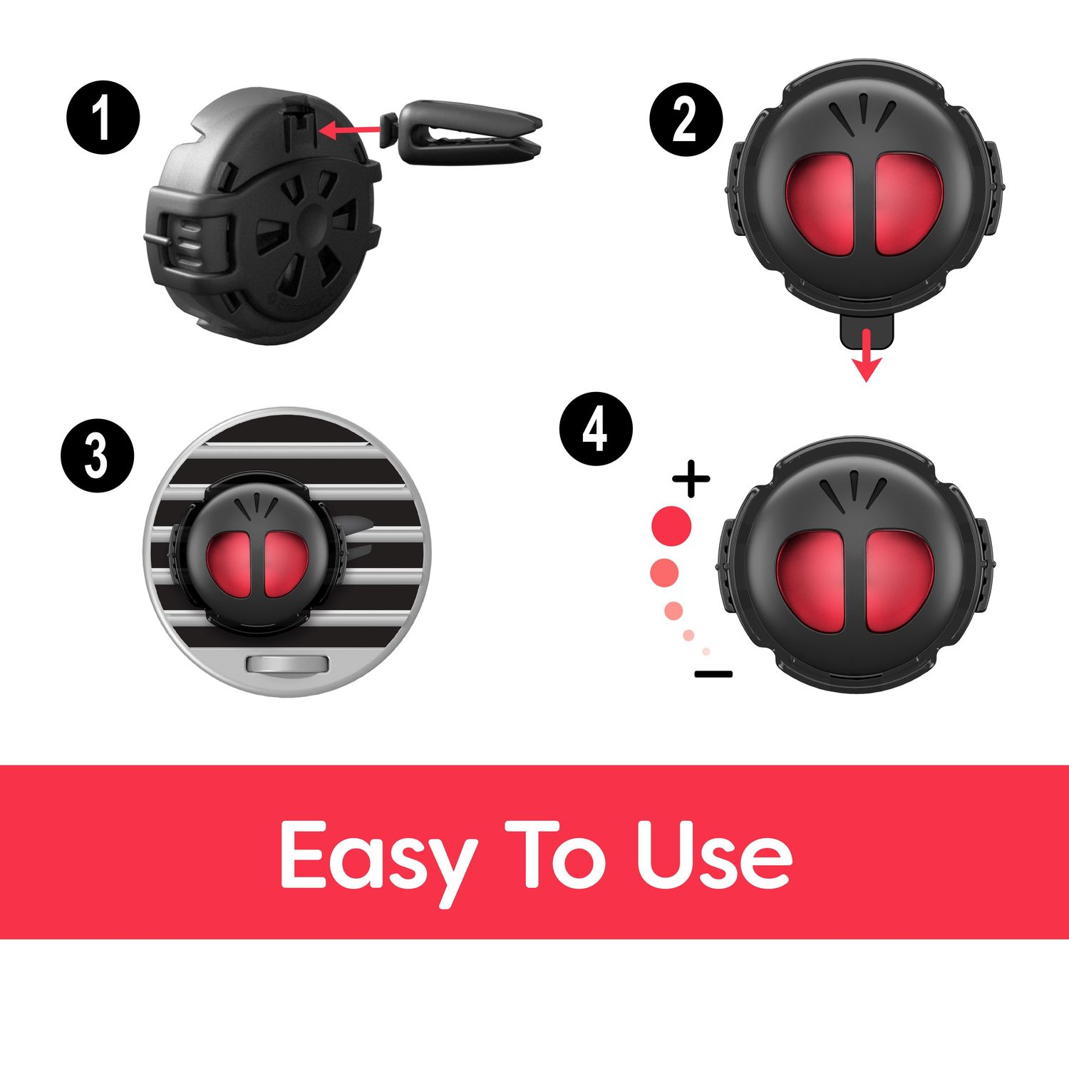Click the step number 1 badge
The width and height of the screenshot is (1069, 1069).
click(x=103, y=119)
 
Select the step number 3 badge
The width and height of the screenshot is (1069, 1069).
click(x=97, y=457)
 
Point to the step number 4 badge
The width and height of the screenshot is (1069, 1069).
click(x=596, y=430)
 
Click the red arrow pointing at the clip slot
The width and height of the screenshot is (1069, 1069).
click(x=349, y=130)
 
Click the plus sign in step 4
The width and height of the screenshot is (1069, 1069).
click(x=691, y=479)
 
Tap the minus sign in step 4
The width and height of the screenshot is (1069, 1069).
click(x=713, y=673)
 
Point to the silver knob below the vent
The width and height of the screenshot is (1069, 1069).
click(x=287, y=665)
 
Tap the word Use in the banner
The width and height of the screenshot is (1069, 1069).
click(x=715, y=854)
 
